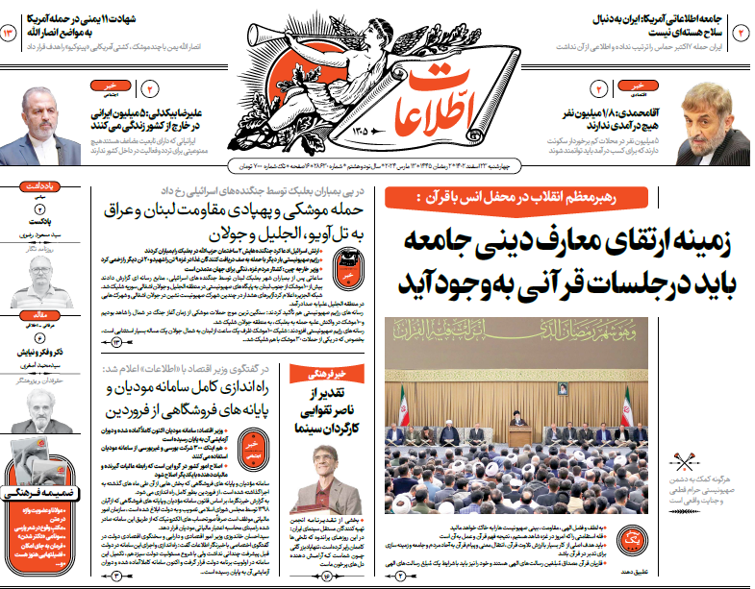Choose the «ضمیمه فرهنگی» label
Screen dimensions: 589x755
pyautogui.click(x=32, y=492)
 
